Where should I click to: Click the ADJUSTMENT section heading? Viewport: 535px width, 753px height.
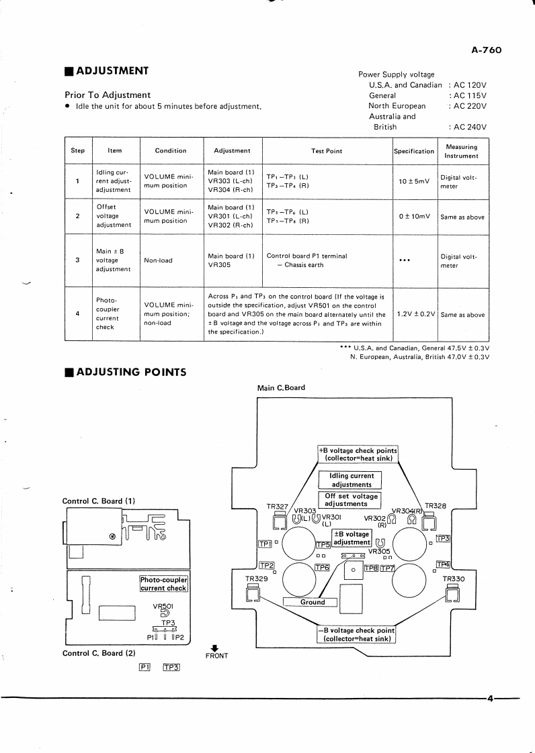click(112, 71)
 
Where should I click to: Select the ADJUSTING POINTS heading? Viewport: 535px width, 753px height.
click(130, 372)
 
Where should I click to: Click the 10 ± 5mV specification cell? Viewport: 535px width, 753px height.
click(413, 182)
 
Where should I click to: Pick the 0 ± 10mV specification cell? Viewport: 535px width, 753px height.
click(413, 216)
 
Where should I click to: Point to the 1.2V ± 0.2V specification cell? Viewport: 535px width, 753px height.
click(415, 314)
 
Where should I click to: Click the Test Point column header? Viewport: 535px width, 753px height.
click(327, 151)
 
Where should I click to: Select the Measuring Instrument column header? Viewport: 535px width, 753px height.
click(461, 151)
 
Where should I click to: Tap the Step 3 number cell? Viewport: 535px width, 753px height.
click(78, 260)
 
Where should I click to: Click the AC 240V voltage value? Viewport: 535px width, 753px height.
click(468, 127)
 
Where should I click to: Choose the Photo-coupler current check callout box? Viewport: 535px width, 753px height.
click(163, 584)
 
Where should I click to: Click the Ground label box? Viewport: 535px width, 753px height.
click(313, 602)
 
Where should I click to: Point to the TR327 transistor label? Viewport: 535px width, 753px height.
click(278, 507)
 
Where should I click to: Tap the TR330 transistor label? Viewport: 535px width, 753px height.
click(454, 579)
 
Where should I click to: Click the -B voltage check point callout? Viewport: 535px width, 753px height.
click(356, 634)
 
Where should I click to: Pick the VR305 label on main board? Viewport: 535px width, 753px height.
click(378, 551)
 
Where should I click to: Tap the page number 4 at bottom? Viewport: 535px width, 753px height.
click(490, 699)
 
